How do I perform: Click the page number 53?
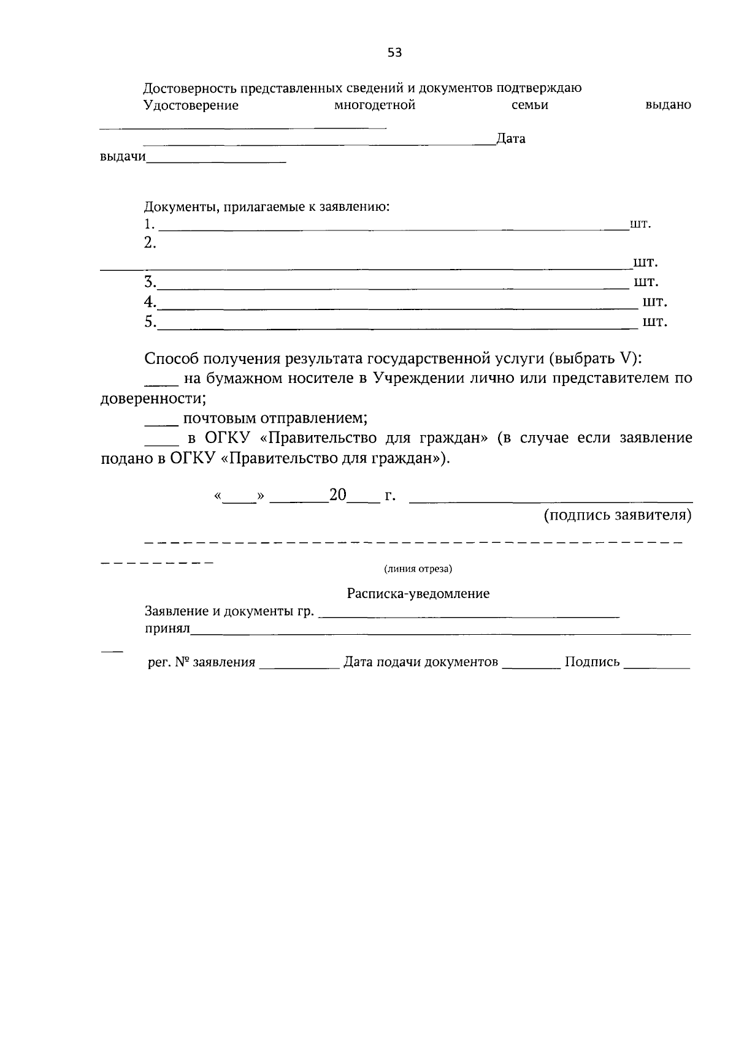tap(394, 53)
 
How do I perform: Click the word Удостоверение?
tap(191, 105)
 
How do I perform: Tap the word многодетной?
tap(375, 105)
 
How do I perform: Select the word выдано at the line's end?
tap(668, 105)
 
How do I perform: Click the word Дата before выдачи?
tap(511, 139)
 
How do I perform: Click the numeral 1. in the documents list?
tap(149, 224)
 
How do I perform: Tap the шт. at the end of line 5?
tap(654, 322)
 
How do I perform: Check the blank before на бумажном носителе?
tap(161, 383)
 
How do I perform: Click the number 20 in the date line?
tap(338, 495)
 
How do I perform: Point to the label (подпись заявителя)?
tap(618, 515)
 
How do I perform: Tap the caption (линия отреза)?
tap(418, 569)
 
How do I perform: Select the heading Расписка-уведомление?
tap(418, 594)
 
